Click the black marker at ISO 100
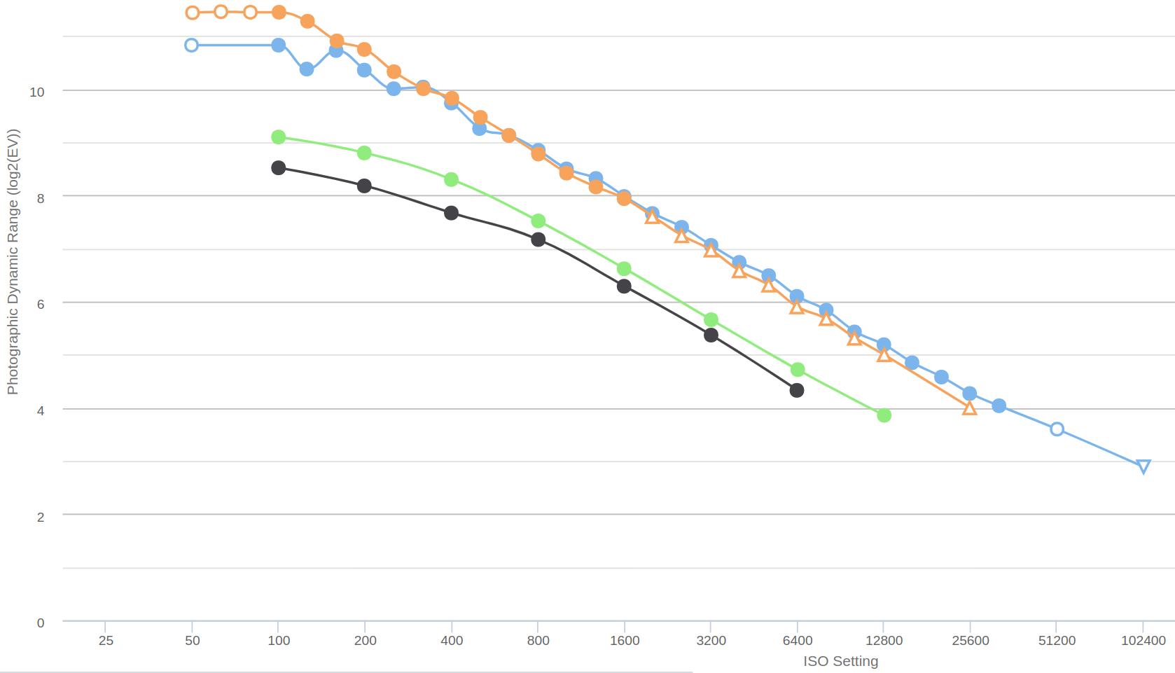278,168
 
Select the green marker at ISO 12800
884,415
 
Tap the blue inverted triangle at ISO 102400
1143,466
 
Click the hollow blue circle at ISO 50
191,46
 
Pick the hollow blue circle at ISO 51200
1057,429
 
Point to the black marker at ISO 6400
796,390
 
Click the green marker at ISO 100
278,137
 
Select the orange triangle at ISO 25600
969,408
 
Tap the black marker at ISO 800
538,240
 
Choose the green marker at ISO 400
451,180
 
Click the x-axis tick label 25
106,640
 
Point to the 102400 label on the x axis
1143,640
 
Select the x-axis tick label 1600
624,640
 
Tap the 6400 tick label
797,640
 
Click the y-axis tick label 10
36,92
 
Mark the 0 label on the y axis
40,623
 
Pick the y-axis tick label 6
40,304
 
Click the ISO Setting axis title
840,661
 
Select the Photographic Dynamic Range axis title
13,262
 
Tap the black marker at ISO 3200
711,335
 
